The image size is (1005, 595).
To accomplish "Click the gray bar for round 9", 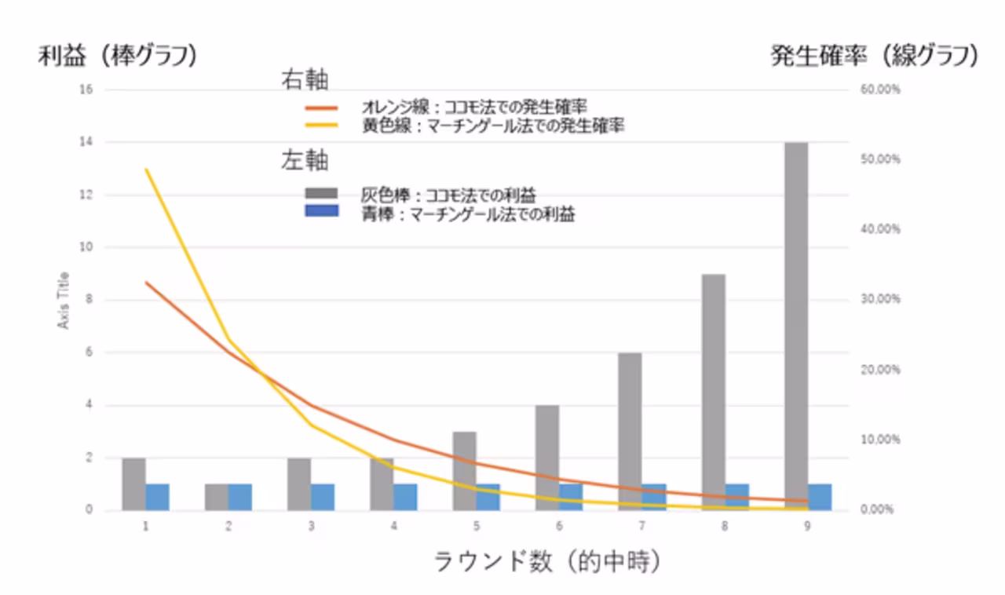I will point(795,326).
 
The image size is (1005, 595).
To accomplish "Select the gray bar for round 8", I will point(713,392).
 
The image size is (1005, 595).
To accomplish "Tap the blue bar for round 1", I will point(157,497).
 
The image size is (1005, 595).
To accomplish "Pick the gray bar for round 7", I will point(630,431).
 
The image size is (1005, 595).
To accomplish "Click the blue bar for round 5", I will point(488,497).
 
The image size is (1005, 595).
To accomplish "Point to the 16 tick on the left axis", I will point(86,89).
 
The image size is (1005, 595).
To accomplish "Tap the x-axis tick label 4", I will point(393,525).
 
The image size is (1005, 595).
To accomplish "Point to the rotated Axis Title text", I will point(64,300).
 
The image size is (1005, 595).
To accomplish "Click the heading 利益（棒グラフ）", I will point(117,57).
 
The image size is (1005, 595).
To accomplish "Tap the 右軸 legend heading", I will point(305,80).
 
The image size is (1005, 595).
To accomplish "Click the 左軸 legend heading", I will point(305,162).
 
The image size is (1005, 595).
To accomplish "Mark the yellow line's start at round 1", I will point(146,170).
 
